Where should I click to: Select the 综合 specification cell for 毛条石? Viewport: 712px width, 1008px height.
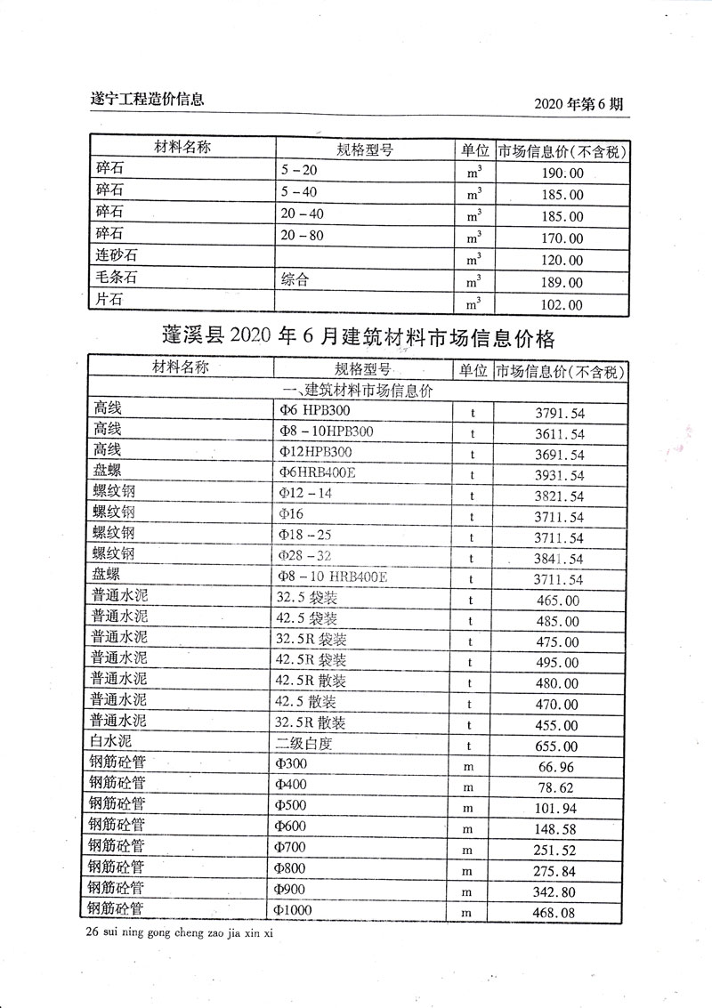coord(295,281)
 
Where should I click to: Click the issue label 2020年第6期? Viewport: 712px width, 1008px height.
coord(579,103)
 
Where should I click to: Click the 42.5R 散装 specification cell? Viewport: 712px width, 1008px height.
coord(311,681)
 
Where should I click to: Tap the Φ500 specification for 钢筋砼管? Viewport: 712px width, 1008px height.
coord(295,805)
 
